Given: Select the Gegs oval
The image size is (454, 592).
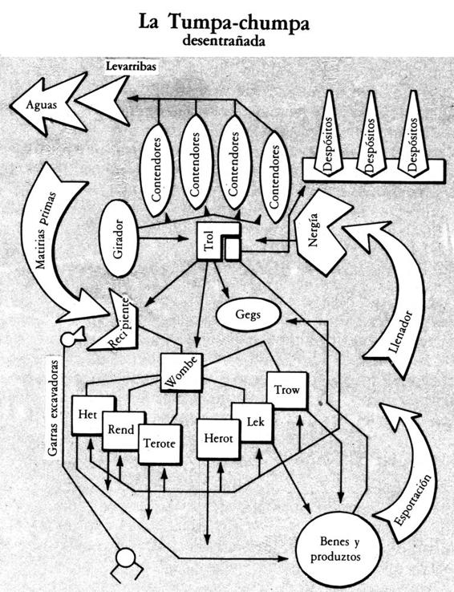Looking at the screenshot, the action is (x=249, y=314).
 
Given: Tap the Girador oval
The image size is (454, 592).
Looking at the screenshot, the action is (x=119, y=238).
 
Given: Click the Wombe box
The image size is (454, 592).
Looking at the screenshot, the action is (x=181, y=372).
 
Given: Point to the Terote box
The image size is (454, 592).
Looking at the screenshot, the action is (x=160, y=444).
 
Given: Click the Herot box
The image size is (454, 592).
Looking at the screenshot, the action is (x=218, y=438).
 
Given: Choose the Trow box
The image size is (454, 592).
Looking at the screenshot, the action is (x=287, y=391).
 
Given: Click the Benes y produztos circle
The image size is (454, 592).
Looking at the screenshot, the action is (x=335, y=549).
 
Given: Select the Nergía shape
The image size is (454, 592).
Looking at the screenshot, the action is (x=321, y=233).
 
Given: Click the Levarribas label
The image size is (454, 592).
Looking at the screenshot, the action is (x=131, y=67).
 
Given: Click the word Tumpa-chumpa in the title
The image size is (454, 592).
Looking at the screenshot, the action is (x=238, y=22).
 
